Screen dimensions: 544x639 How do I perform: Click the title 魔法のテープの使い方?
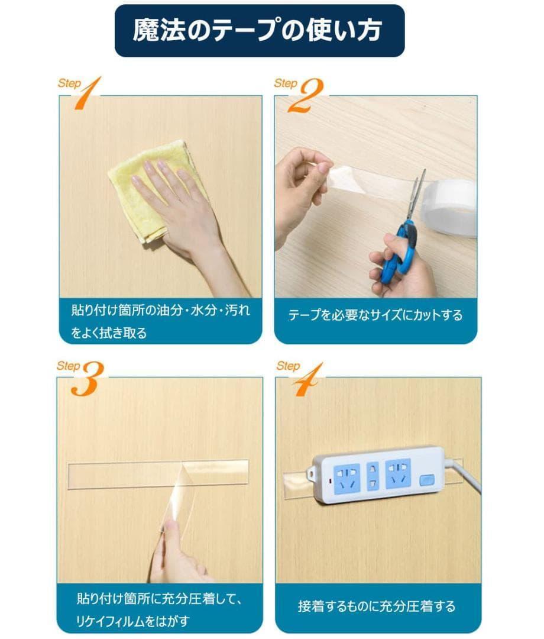257,30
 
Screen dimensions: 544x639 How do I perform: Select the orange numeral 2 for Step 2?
305,95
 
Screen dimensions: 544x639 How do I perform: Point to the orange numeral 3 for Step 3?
87,379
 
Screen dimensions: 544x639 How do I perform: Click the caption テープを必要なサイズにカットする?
375,315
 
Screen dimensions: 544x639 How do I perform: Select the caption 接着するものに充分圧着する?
376,606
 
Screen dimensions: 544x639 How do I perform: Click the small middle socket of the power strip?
373,476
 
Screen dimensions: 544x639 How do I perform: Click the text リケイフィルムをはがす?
132,621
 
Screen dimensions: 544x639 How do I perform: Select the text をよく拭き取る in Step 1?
109,333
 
